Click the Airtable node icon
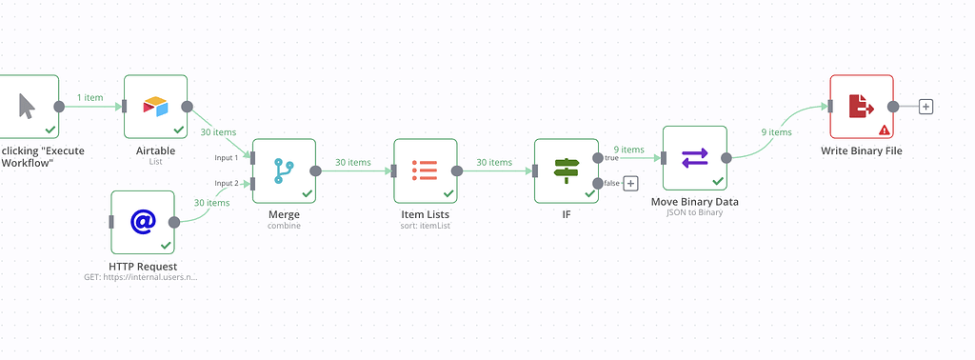point(155,106)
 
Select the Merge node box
point(284,171)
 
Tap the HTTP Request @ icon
point(143,222)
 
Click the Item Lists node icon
point(425,170)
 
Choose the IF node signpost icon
point(566,170)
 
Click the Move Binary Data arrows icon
point(694,157)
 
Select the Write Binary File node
point(861,107)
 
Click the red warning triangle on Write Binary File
point(885,130)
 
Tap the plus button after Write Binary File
point(925,107)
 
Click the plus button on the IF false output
point(630,184)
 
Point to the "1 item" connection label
point(91,98)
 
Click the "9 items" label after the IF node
point(628,150)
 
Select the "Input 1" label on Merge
point(227,157)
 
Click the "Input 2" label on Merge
point(227,183)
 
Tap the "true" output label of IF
point(611,158)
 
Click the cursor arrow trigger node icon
point(27,106)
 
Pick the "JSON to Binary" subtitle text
point(694,213)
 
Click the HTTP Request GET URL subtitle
point(142,278)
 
